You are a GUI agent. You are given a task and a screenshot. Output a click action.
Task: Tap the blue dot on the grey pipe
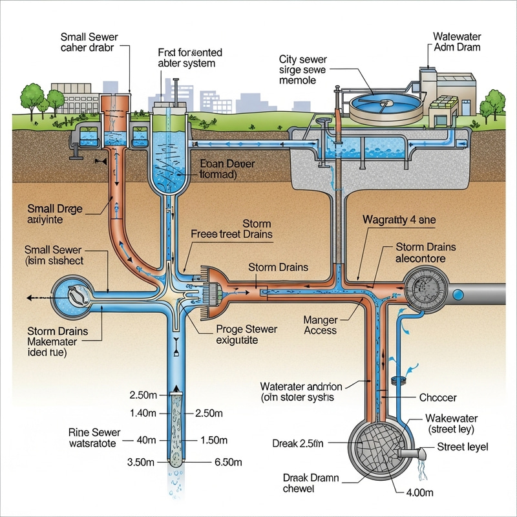pyautogui.click(x=458, y=295)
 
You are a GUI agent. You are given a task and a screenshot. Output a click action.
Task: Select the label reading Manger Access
pyautogui.click(x=320, y=324)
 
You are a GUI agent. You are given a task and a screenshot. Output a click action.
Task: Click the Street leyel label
pyautogui.click(x=463, y=447)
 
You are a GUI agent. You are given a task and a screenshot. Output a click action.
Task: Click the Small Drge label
pyautogui.click(x=54, y=215)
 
